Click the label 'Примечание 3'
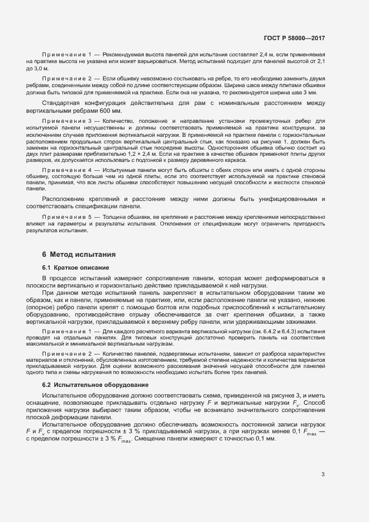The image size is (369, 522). (67, 121)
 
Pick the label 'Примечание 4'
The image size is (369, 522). (67, 169)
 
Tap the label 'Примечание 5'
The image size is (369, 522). (67, 215)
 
